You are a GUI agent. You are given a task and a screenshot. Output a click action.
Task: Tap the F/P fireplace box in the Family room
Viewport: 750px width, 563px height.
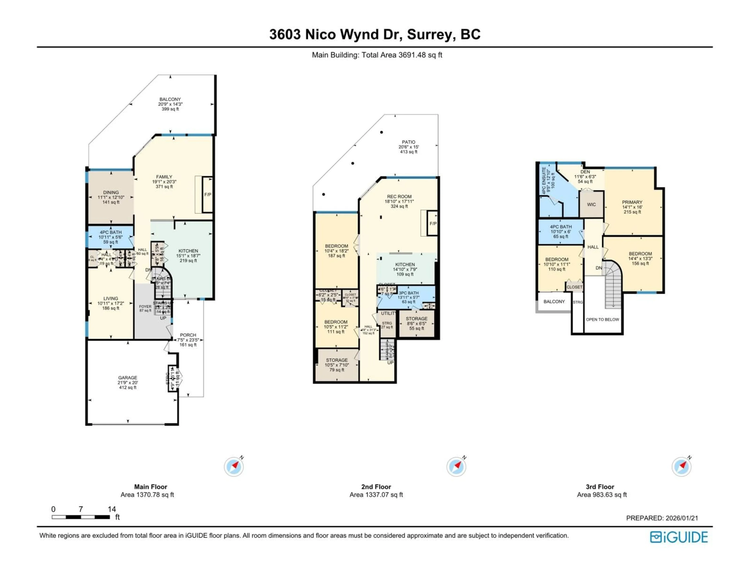point(207,195)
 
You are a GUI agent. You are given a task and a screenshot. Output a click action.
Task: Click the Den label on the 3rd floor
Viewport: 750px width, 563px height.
point(585,172)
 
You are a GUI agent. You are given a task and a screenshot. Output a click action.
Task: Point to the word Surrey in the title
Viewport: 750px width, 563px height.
point(429,34)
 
